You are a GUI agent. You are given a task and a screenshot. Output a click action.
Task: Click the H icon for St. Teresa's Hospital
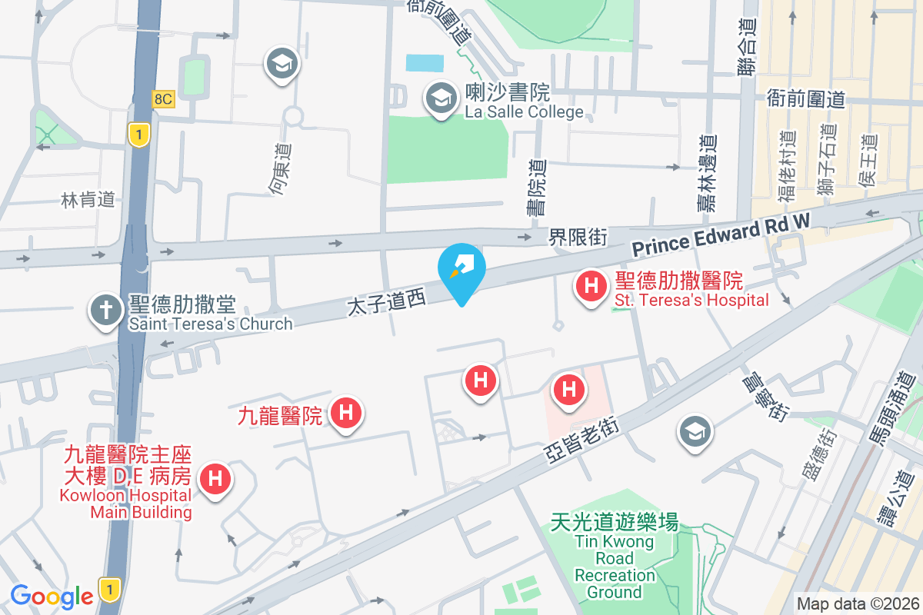coord(591,288)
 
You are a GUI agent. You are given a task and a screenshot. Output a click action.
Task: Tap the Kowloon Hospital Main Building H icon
coord(216,480)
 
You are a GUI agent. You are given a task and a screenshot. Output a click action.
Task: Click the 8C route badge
coord(163,98)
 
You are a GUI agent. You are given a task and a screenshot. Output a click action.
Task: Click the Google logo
coord(52,596)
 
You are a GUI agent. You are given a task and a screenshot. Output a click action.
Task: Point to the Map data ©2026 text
coord(857,604)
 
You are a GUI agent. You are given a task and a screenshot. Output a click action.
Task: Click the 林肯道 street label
coord(88,200)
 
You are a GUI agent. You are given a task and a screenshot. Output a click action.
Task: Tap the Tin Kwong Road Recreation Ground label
coord(615,557)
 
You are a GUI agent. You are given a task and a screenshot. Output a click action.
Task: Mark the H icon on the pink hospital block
coord(569,388)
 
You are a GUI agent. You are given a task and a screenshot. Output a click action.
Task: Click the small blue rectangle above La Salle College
coord(425,63)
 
